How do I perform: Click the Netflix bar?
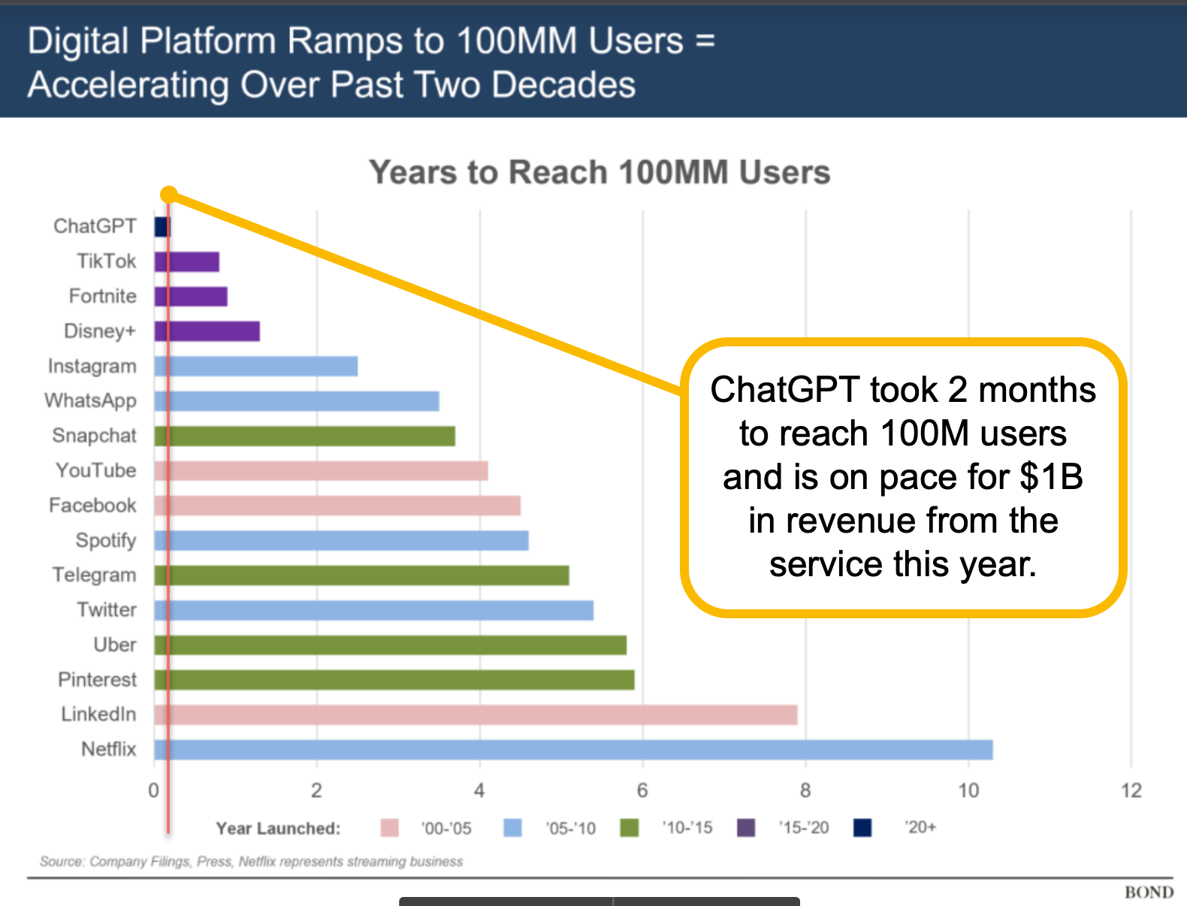click(573, 750)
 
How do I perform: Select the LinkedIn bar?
click(476, 714)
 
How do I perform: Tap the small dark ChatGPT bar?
click(161, 226)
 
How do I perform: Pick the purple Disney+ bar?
click(207, 331)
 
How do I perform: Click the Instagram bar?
click(256, 366)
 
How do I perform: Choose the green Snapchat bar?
click(305, 436)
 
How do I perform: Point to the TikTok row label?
click(106, 261)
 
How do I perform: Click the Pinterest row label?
click(97, 679)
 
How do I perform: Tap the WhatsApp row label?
click(90, 400)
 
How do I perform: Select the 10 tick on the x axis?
click(968, 790)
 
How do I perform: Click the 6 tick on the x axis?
click(642, 790)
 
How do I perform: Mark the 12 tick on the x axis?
click(1131, 790)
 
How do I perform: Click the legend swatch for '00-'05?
click(390, 828)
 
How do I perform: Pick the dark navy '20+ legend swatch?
click(862, 828)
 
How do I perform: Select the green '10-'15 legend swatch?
click(630, 828)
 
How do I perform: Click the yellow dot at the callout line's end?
click(169, 195)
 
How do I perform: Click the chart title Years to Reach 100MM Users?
click(600, 172)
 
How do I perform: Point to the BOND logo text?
click(1149, 892)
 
